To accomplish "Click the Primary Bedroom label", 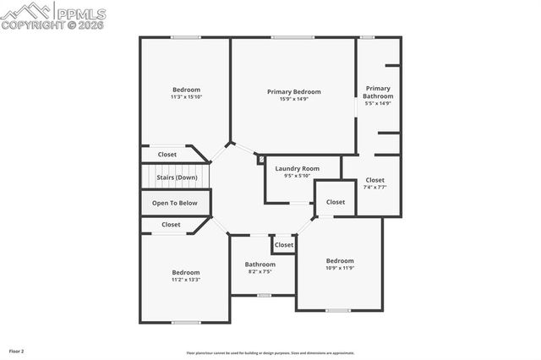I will [x=293, y=91].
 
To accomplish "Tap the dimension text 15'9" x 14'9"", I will [x=293, y=99].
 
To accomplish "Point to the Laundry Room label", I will [x=297, y=168].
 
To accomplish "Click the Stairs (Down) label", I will [x=177, y=177].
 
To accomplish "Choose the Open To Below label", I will [x=175, y=203].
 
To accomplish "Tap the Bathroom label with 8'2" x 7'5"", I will [x=260, y=265].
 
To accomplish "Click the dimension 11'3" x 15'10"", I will [x=186, y=97].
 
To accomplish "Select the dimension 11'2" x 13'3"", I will [x=186, y=280].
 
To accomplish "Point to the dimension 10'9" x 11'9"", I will [x=340, y=268].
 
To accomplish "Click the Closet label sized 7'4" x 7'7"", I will [x=375, y=180].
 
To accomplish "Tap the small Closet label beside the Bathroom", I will [x=284, y=245].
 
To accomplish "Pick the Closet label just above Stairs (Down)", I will [x=167, y=155].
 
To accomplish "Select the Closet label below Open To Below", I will [x=171, y=225].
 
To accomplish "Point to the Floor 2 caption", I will [x=17, y=350].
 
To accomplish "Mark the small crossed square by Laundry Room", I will [x=261, y=159].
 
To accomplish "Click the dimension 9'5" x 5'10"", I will [x=297, y=176].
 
